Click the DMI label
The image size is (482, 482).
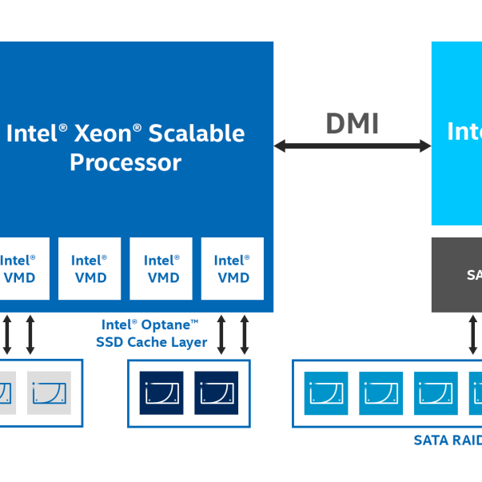(352, 124)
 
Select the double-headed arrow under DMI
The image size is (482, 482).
(352, 146)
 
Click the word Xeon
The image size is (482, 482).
(102, 133)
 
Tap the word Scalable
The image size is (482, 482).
(198, 133)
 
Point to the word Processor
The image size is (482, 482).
(125, 163)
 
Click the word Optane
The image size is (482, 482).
(166, 325)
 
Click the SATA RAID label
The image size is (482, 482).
(446, 440)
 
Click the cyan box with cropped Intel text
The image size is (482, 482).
(457, 133)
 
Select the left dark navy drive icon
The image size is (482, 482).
(161, 392)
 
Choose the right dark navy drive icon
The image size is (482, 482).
(216, 392)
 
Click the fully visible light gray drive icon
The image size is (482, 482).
(49, 392)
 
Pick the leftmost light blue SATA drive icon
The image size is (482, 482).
(327, 392)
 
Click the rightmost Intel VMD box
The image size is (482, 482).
(233, 269)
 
